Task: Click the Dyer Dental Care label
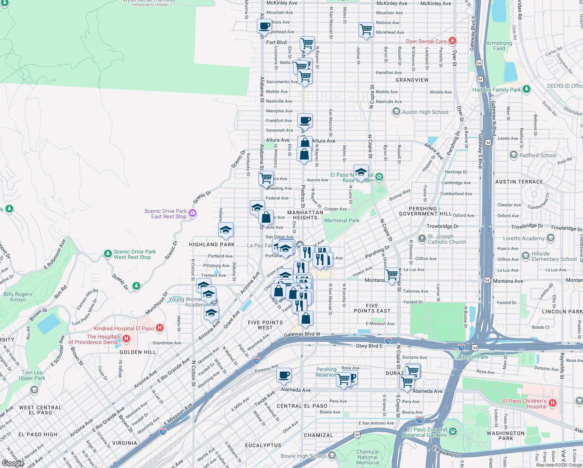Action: pyautogui.click(x=426, y=41)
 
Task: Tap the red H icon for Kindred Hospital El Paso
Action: pyautogui.click(x=159, y=328)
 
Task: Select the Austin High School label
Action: pyautogui.click(x=425, y=112)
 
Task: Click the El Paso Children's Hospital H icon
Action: pyautogui.click(x=552, y=403)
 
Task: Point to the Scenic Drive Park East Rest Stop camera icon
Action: pyautogui.click(x=192, y=213)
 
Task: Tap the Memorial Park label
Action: pyautogui.click(x=342, y=220)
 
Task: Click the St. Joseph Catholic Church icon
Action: pyautogui.click(x=422, y=238)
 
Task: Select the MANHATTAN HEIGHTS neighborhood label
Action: pyautogui.click(x=305, y=215)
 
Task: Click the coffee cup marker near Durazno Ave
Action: pyautogui.click(x=284, y=375)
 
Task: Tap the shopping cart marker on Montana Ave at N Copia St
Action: pyautogui.click(x=392, y=275)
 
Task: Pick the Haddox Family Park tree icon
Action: pyautogui.click(x=526, y=89)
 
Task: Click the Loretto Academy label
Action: pyautogui.click(x=523, y=238)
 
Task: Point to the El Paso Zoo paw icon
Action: pyautogui.click(x=452, y=431)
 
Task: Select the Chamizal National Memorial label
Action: pyautogui.click(x=367, y=457)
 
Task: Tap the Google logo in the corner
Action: pyautogui.click(x=13, y=463)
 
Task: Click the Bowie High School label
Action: pyautogui.click(x=303, y=456)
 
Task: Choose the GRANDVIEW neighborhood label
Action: pyautogui.click(x=412, y=80)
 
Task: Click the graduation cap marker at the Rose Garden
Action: pyautogui.click(x=361, y=172)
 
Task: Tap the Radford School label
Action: pyautogui.click(x=538, y=155)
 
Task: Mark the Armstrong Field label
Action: pyautogui.click(x=499, y=46)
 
